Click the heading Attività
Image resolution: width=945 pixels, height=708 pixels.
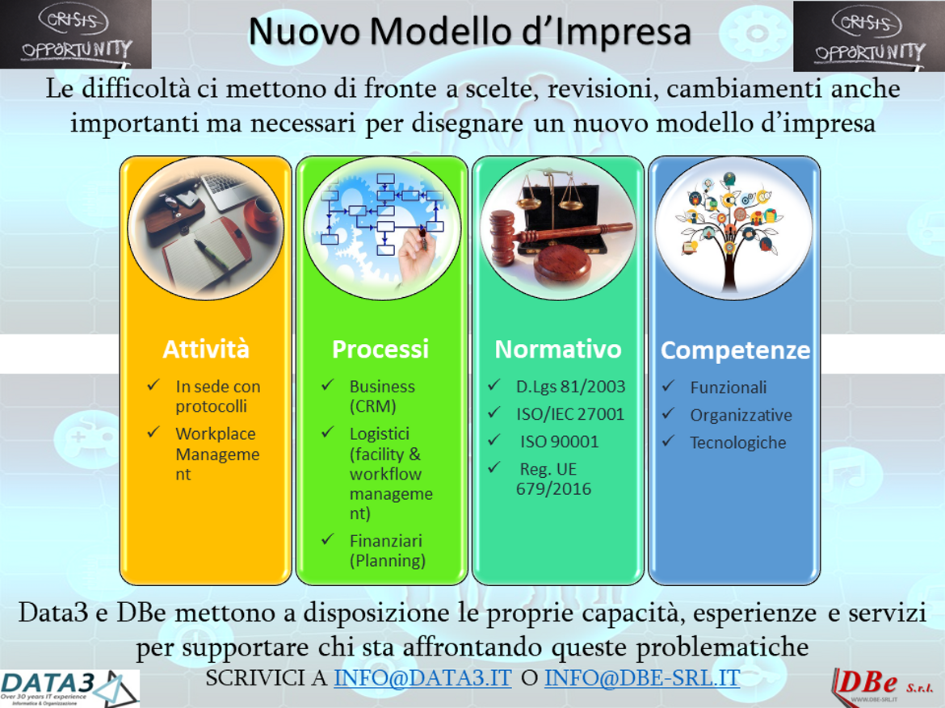pos(206,350)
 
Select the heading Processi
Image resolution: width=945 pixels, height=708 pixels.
pos(380,350)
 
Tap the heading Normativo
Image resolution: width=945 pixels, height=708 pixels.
pos(558,350)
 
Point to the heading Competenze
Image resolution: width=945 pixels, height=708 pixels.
pos(735,350)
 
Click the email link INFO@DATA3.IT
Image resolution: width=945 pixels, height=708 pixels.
pos(423,678)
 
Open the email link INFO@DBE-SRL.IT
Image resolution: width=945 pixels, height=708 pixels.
pos(642,678)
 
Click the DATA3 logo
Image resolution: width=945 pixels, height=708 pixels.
pos(70,688)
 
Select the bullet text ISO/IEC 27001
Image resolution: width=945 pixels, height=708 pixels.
pos(570,415)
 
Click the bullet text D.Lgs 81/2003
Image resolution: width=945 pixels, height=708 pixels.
pos(571,387)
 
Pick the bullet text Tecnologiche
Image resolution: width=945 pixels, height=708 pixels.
pos(738,443)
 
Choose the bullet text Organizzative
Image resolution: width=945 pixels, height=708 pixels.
pos(741,415)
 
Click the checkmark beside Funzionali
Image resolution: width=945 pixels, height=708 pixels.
pos(669,386)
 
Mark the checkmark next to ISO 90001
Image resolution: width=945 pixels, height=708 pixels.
pos(494,440)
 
